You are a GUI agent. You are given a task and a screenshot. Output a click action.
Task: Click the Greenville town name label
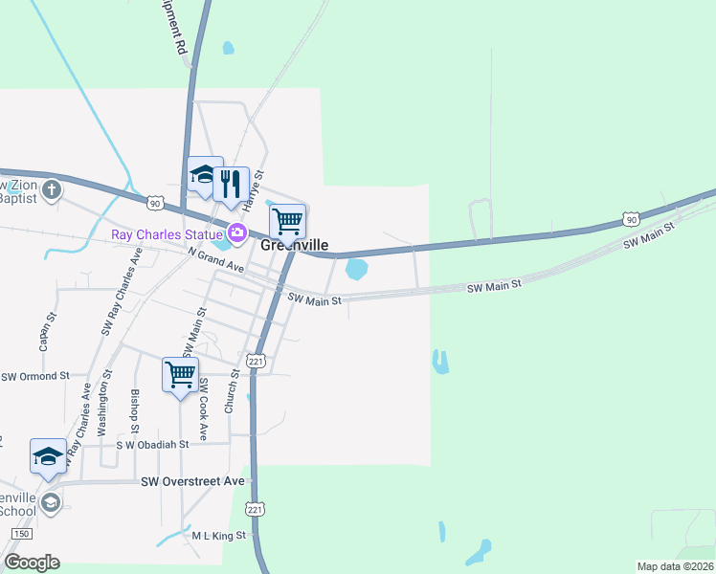click(x=295, y=244)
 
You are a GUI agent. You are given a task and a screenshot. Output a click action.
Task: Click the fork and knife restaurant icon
click(x=231, y=184)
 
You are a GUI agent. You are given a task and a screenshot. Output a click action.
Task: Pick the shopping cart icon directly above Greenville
click(x=288, y=222)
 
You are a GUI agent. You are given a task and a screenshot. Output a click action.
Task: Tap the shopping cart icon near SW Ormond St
click(x=180, y=375)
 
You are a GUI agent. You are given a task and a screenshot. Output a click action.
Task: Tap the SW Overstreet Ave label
click(x=192, y=481)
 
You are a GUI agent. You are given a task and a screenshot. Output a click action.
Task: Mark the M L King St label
click(x=219, y=536)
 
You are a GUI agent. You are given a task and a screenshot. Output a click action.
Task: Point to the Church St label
click(x=230, y=392)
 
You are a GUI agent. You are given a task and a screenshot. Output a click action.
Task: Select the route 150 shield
click(x=21, y=533)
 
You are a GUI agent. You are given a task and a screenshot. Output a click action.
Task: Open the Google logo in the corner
click(x=32, y=562)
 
